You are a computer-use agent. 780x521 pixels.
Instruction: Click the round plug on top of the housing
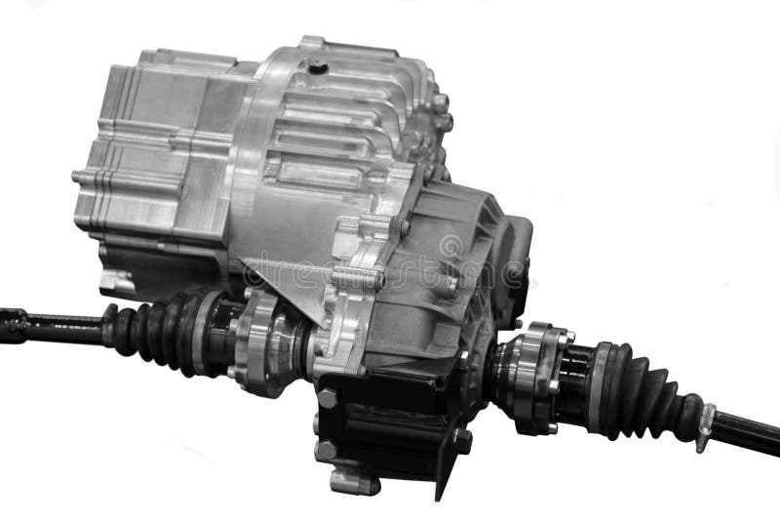coord(317,66)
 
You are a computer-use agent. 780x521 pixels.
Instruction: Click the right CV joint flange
coord(531,376)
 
